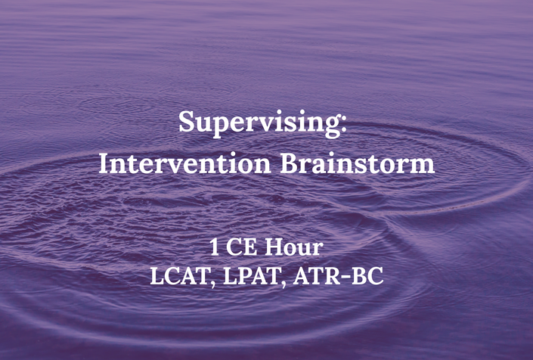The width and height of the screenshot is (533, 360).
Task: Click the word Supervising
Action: pyautogui.click(x=260, y=124)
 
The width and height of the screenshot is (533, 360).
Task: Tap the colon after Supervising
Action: pyautogui.click(x=344, y=124)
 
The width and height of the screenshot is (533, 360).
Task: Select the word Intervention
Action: pyautogui.click(x=184, y=164)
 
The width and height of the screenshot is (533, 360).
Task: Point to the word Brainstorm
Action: pyautogui.click(x=358, y=164)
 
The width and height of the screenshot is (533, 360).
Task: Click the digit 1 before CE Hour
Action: pyautogui.click(x=214, y=247)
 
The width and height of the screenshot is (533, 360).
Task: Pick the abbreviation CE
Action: pyautogui.click(x=241, y=247)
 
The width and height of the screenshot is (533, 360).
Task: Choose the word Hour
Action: pyautogui.click(x=294, y=247)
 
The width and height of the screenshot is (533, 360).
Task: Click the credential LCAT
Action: pyautogui.click(x=178, y=276)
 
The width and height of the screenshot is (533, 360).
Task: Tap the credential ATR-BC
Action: pyautogui.click(x=338, y=276)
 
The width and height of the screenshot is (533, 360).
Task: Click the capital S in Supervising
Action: pyautogui.click(x=186, y=121)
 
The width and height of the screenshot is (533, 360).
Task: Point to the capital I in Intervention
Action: pyautogui.click(x=104, y=164)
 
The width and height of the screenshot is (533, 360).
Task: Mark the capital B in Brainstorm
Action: pyautogui.click(x=288, y=164)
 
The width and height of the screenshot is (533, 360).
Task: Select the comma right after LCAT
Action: pyautogui.click(x=212, y=284)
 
